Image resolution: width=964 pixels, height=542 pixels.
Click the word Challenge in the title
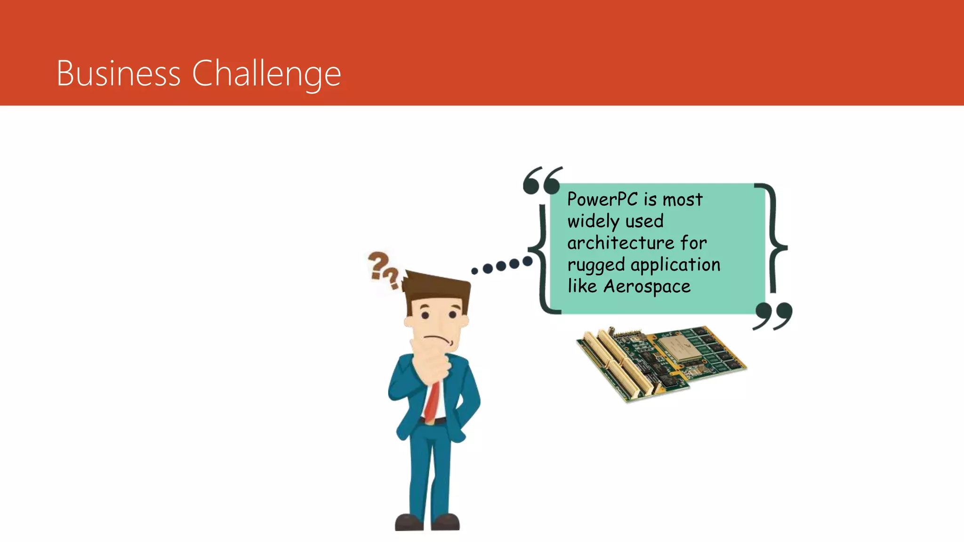[x=266, y=74]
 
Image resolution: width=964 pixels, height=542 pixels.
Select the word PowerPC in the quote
[x=602, y=199]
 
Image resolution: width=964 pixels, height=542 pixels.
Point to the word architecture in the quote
[x=621, y=243]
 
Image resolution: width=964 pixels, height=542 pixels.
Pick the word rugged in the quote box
[x=595, y=265]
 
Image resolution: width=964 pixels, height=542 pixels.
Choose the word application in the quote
[x=675, y=265]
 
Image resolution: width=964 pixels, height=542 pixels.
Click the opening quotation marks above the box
[x=542, y=180]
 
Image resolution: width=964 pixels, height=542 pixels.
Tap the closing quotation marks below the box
[x=773, y=315]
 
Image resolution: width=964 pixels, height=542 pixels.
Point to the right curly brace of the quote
[x=774, y=240]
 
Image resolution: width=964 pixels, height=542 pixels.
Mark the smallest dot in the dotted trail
[x=474, y=271]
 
